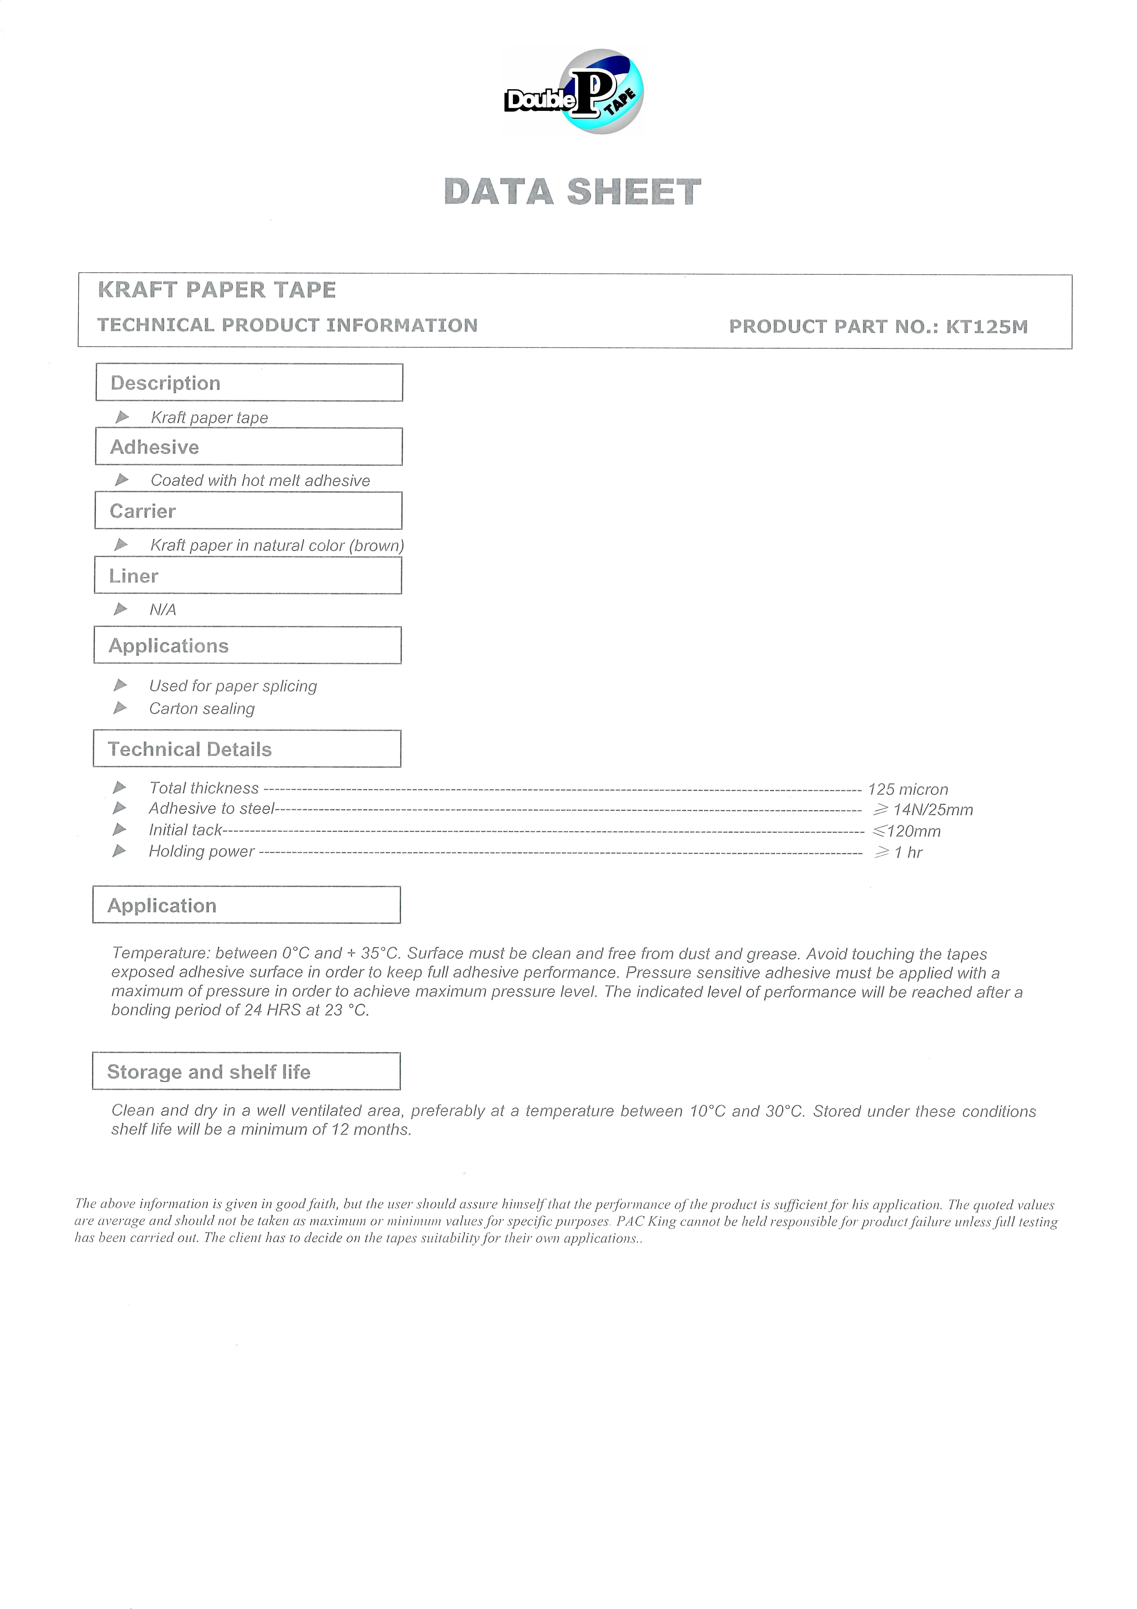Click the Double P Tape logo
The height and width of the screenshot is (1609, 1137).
pos(574,92)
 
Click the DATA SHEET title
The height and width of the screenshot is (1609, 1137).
pos(572,192)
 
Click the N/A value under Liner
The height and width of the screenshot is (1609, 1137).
pos(162,610)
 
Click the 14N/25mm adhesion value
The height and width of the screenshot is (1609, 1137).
pos(932,810)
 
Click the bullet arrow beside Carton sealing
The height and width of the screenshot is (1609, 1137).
pos(121,708)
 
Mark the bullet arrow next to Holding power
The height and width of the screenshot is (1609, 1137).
pos(120,851)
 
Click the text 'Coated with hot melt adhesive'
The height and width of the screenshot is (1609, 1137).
pos(260,481)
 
